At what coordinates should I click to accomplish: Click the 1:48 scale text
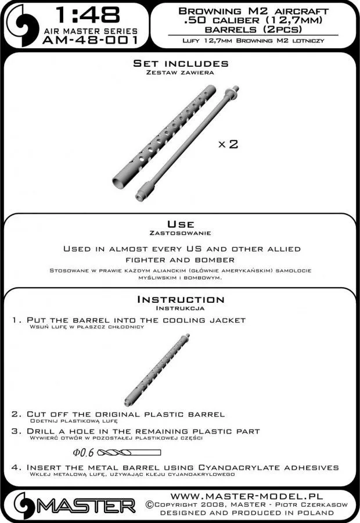(x=86, y=14)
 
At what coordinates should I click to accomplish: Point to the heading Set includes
(x=181, y=63)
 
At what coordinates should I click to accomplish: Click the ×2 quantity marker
(x=228, y=144)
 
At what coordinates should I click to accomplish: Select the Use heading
(x=181, y=224)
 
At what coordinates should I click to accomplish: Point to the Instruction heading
(x=181, y=300)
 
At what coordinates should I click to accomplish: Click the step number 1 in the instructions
(x=15, y=320)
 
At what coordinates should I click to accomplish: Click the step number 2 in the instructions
(x=15, y=414)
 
